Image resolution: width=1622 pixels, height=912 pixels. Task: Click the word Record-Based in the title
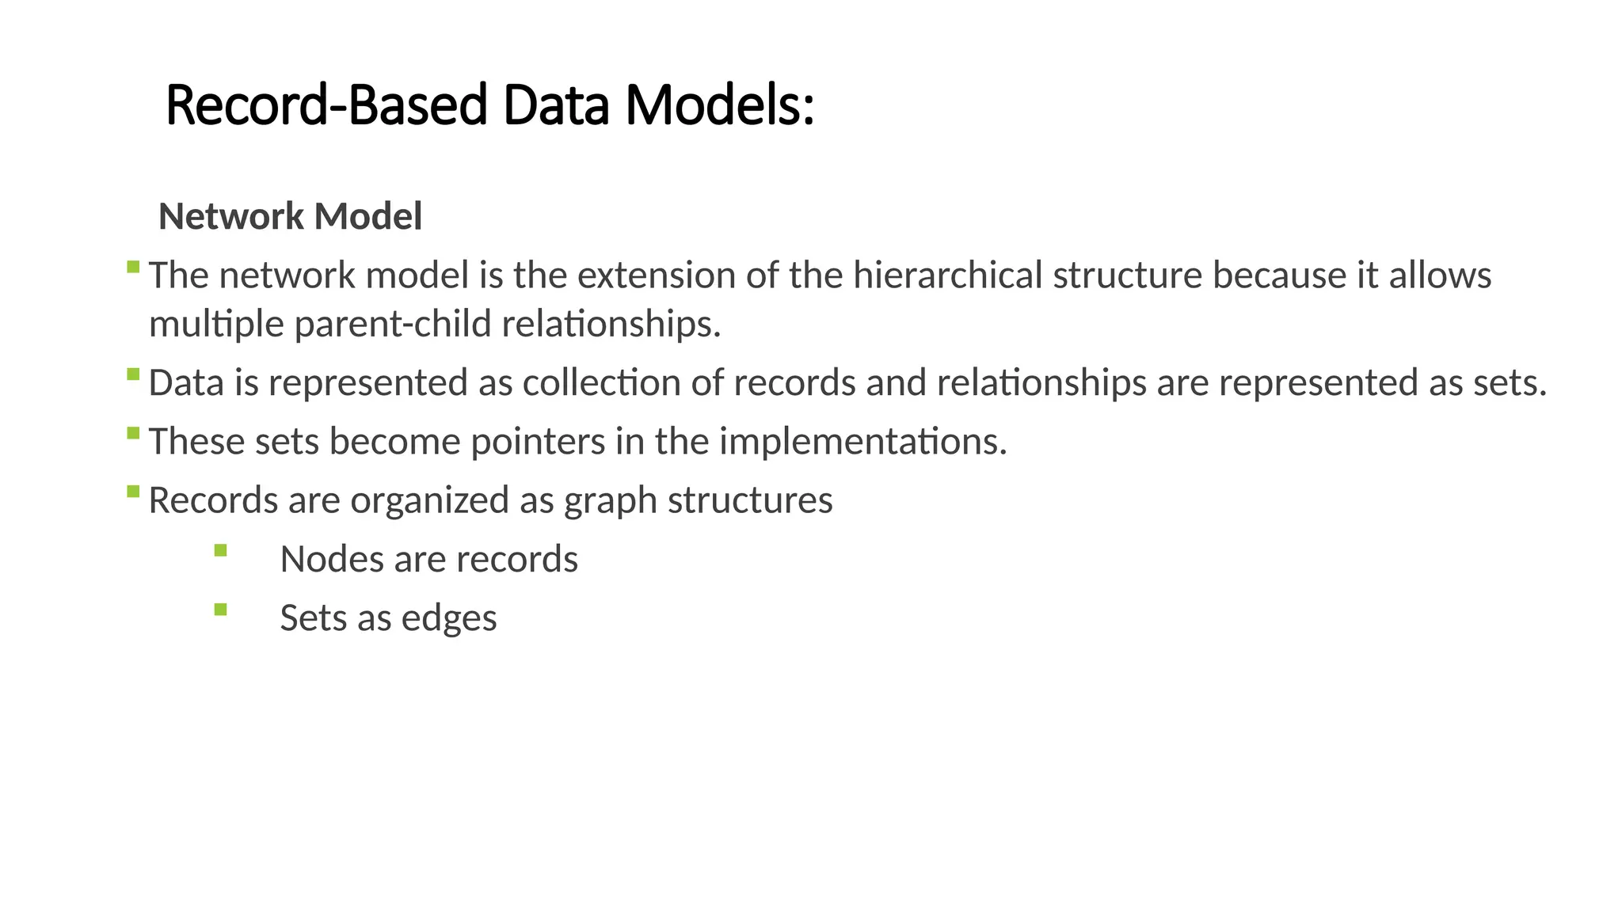click(x=326, y=106)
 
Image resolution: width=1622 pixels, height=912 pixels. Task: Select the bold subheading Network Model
click(x=290, y=217)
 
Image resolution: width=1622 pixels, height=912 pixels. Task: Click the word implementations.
click(x=862, y=442)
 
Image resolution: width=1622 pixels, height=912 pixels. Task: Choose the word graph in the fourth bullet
click(x=611, y=501)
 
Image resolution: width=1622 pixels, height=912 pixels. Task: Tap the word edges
click(x=449, y=618)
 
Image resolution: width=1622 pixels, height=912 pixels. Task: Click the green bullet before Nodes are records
click(x=220, y=550)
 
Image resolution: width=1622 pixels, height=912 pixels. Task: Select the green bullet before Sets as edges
click(x=220, y=609)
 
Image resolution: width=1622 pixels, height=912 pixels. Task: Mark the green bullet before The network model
click(x=133, y=267)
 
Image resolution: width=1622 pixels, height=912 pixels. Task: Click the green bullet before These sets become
click(x=133, y=432)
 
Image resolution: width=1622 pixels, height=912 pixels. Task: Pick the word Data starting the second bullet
click(x=186, y=383)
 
